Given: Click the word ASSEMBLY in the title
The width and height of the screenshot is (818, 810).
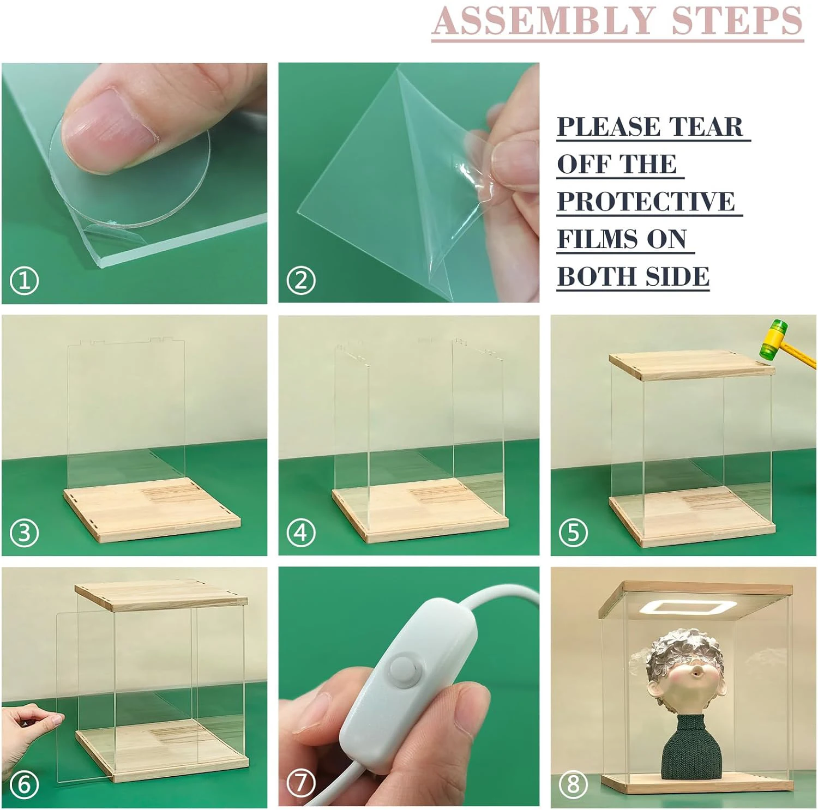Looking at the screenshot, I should pyautogui.click(x=543, y=21).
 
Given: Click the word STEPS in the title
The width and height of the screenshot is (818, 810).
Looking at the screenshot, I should pyautogui.click(x=737, y=21).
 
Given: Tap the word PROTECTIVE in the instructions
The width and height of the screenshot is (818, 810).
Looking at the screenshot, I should pyautogui.click(x=646, y=202).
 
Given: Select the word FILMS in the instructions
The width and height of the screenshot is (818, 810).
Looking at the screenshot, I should pyautogui.click(x=598, y=239).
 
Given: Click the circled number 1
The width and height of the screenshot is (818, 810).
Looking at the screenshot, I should pyautogui.click(x=25, y=281).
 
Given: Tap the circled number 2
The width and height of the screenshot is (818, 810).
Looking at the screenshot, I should pyautogui.click(x=301, y=281).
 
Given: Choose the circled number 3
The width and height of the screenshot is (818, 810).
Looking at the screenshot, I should pyautogui.click(x=25, y=533).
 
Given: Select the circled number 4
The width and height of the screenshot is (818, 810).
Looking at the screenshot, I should pyautogui.click(x=301, y=533).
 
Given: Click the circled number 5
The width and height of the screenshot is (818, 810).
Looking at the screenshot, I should pyautogui.click(x=573, y=533).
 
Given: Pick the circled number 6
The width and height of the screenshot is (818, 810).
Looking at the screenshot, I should pyautogui.click(x=25, y=784).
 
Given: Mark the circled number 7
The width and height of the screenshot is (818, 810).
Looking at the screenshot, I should pyautogui.click(x=301, y=783).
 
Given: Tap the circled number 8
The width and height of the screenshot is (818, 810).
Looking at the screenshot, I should pyautogui.click(x=573, y=784).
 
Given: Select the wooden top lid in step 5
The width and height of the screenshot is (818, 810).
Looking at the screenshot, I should pyautogui.click(x=691, y=366).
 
